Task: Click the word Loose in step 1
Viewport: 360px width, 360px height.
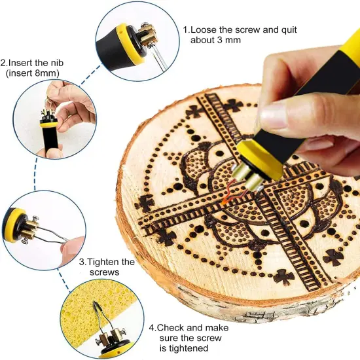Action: (x=206, y=29)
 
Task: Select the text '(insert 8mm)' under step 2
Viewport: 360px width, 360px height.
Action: (x=33, y=74)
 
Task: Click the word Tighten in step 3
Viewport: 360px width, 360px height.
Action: (x=103, y=262)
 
